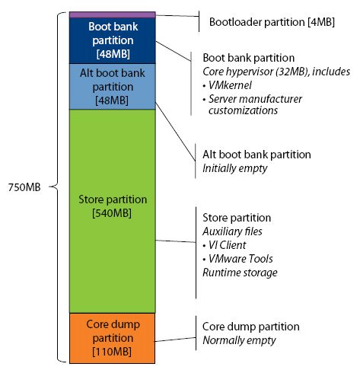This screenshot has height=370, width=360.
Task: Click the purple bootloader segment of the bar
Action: tap(113, 14)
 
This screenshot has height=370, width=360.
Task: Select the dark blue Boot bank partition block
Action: tap(113, 40)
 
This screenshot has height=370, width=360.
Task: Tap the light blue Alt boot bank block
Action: tap(113, 87)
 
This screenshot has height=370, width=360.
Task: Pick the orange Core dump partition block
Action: tap(113, 338)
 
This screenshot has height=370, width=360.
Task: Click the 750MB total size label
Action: tap(24, 187)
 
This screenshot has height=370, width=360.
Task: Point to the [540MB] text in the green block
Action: tap(112, 213)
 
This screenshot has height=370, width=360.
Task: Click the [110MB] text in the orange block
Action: tap(112, 352)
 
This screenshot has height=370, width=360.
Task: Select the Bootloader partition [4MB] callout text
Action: tap(272, 22)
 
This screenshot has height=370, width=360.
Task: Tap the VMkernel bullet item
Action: tap(228, 85)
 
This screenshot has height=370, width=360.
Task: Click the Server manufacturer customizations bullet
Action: tap(253, 104)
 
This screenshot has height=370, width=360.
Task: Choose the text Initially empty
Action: tap(235, 168)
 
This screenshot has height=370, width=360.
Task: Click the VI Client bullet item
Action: tap(225, 245)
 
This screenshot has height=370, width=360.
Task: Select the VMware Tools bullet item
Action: tap(238, 259)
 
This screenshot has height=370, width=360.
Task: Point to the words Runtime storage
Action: tap(240, 273)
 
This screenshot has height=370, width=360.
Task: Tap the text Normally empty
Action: tap(239, 340)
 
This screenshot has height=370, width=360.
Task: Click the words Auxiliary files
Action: tap(232, 231)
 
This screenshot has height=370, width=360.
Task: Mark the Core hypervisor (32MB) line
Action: tap(276, 72)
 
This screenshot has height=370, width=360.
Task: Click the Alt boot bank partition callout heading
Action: tap(256, 155)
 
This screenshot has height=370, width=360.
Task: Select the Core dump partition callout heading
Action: tap(251, 327)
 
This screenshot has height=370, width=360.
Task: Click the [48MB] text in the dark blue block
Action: tap(113, 54)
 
